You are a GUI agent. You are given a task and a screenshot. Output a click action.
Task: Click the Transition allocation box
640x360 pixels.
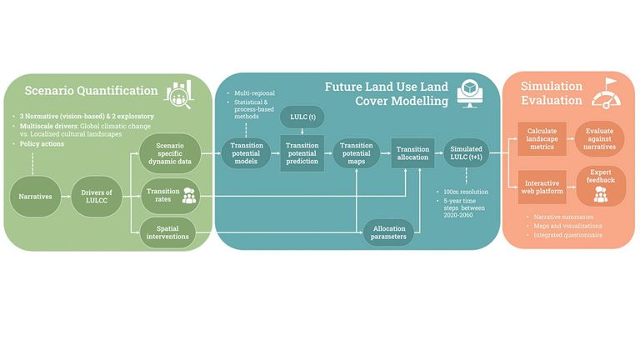[413, 154]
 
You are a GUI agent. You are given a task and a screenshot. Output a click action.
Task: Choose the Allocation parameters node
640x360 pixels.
[389, 233]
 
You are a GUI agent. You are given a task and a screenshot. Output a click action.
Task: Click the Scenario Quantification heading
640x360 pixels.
[91, 91]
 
